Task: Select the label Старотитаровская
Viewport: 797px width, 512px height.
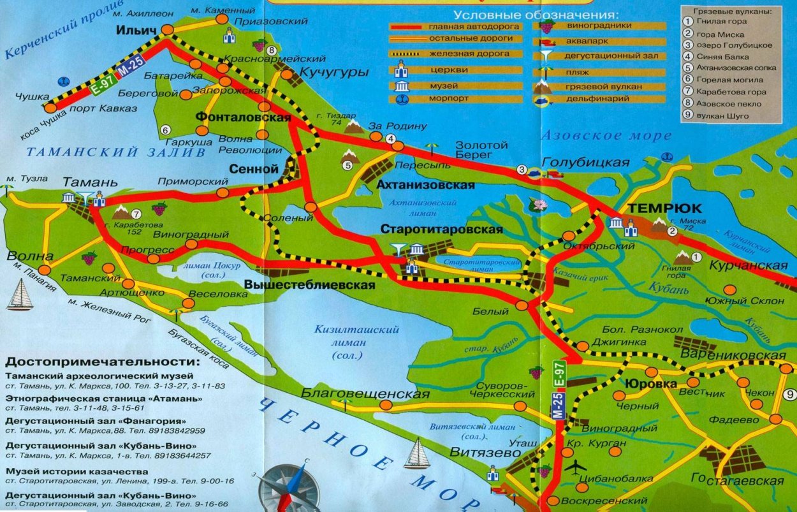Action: [441, 229]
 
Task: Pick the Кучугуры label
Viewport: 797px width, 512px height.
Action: [334, 73]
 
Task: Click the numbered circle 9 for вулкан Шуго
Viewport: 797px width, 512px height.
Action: [790, 393]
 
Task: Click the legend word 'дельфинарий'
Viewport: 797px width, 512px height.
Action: [592, 99]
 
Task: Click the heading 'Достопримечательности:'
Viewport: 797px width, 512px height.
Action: [102, 362]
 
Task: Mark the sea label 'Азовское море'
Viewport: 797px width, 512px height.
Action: [605, 135]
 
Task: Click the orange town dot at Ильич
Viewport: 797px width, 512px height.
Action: [167, 29]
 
